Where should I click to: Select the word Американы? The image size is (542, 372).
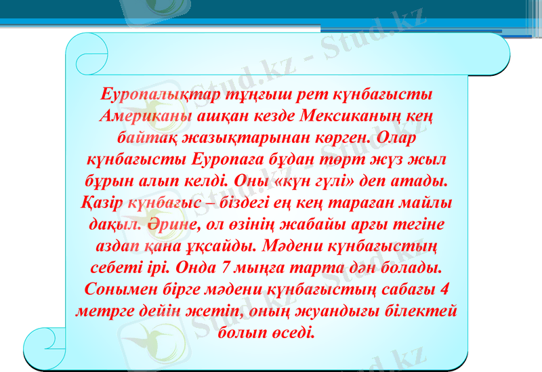[141, 116]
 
